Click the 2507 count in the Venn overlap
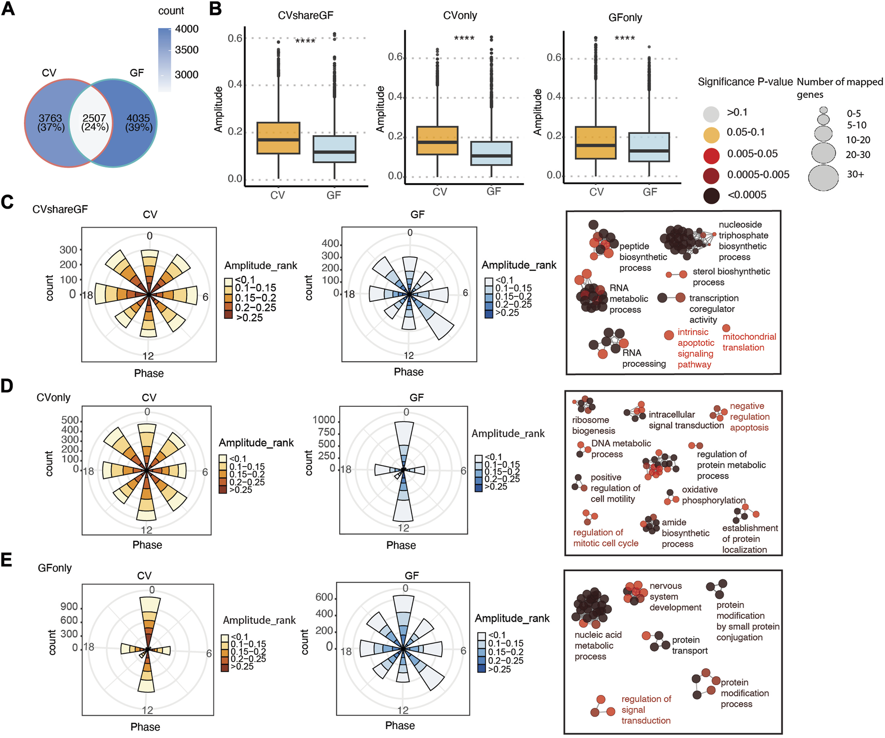tap(94, 118)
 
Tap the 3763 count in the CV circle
tap(50, 118)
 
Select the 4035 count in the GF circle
tap(138, 118)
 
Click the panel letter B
tap(215, 9)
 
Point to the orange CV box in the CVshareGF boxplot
tap(278, 138)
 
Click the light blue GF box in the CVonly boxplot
tap(491, 153)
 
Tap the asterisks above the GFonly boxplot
tap(625, 38)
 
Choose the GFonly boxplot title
tap(625, 17)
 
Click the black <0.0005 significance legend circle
tap(711, 196)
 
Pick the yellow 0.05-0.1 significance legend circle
tap(711, 134)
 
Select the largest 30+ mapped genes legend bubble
tap(823, 178)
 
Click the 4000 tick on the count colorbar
tap(187, 29)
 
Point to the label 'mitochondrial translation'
tap(749, 342)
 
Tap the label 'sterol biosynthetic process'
tap(731, 277)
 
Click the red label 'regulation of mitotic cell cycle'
tap(605, 538)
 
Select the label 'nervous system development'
tap(675, 597)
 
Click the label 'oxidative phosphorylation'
tap(713, 495)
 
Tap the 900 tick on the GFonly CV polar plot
tap(69, 607)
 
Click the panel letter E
tap(6, 560)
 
